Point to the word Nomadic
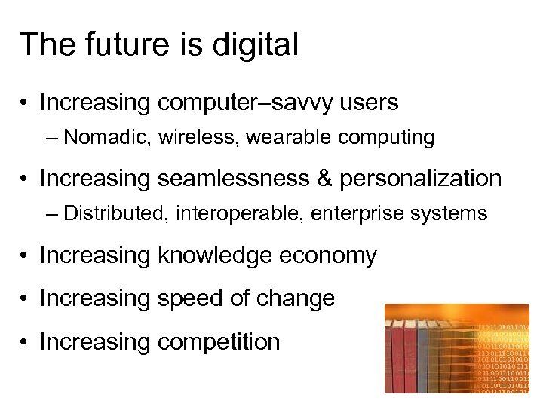[x=100, y=137]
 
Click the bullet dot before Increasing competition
[x=25, y=343]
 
